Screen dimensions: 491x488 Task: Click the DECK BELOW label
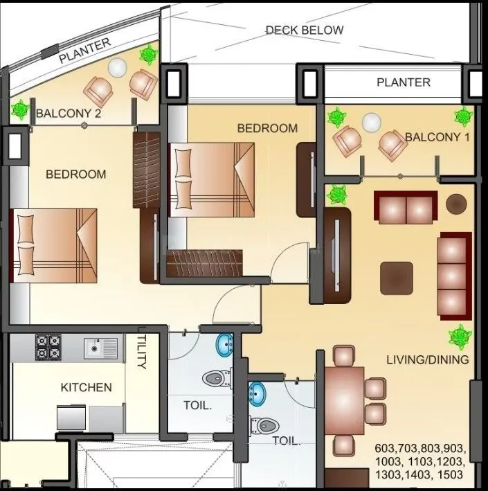pyautogui.click(x=304, y=30)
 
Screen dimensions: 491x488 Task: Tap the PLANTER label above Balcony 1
pyautogui.click(x=403, y=82)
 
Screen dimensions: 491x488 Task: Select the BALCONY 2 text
pyautogui.click(x=69, y=114)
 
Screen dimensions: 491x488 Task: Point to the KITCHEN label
pyautogui.click(x=86, y=387)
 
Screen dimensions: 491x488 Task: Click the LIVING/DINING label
pyautogui.click(x=427, y=359)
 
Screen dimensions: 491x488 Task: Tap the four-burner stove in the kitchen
pyautogui.click(x=48, y=346)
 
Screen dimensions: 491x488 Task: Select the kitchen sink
pyautogui.click(x=101, y=348)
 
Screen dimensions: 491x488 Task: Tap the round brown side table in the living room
pyautogui.click(x=456, y=204)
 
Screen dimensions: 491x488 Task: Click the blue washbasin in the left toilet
pyautogui.click(x=224, y=344)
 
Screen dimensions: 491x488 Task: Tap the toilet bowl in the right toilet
pyautogui.click(x=264, y=424)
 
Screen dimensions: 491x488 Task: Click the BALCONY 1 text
pyautogui.click(x=437, y=137)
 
